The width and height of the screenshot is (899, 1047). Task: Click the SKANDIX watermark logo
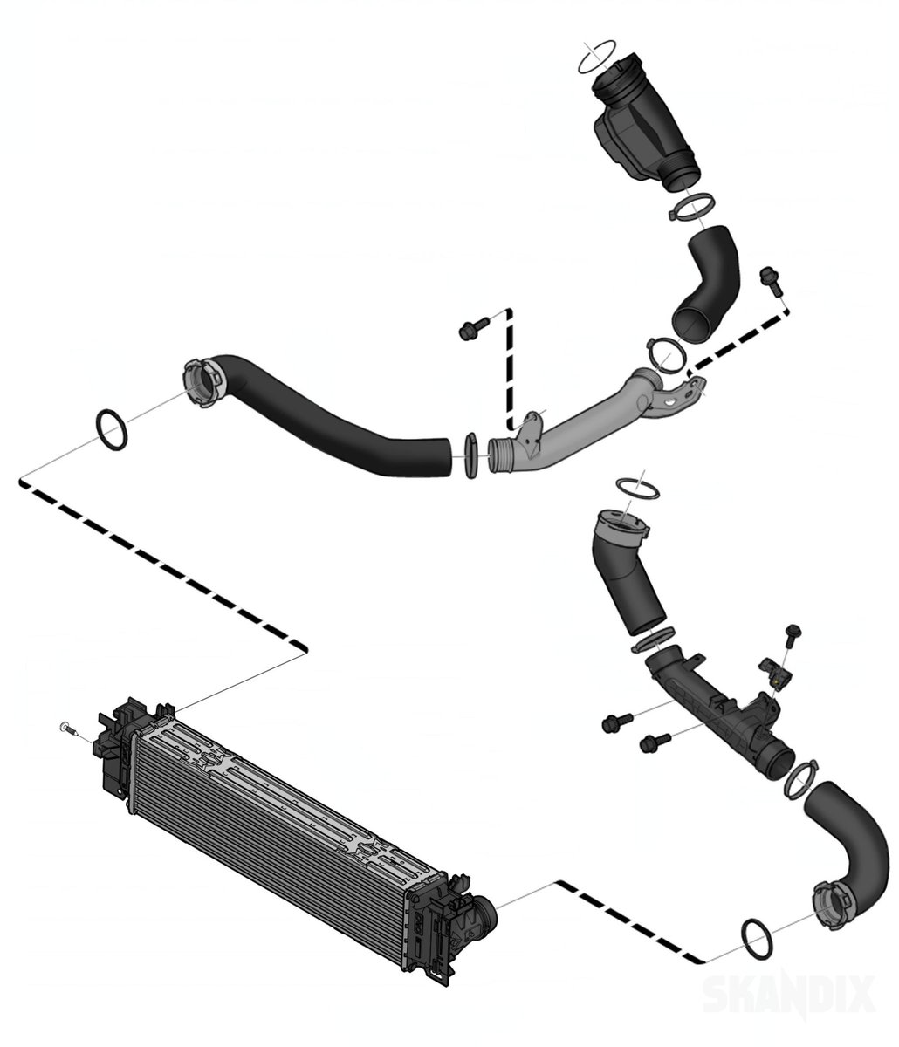[788, 993]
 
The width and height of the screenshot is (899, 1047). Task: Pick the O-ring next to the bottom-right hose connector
[756, 937]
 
